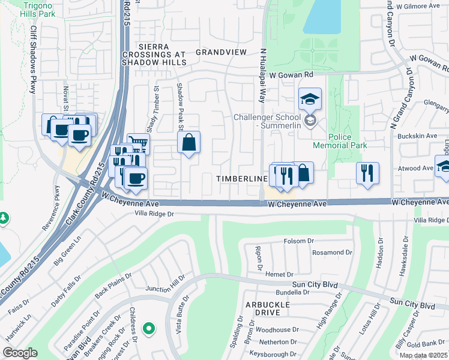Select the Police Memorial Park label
340,141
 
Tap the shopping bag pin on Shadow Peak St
188,143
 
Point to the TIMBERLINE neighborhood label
242,179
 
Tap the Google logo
20,353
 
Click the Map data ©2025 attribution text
424,355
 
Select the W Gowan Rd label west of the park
292,75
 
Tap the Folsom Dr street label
299,241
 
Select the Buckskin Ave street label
420,136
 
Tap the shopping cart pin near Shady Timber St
139,143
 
